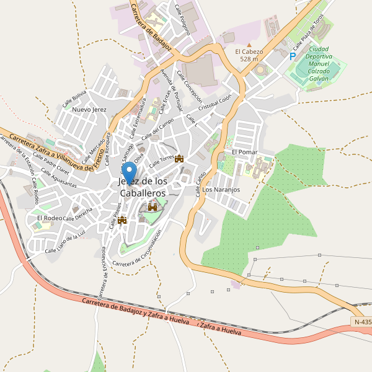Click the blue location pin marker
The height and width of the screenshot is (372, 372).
(130, 172)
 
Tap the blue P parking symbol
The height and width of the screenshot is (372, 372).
(292, 56)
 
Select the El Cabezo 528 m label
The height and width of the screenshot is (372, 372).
(249, 55)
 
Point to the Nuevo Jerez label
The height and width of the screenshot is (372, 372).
(90, 110)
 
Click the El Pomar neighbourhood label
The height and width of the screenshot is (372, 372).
(244, 152)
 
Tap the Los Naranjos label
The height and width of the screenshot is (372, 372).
(221, 189)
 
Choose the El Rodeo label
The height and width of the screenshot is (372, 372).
(50, 218)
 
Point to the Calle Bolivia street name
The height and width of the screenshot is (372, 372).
(74, 99)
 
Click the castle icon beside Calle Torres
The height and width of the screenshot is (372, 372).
(180, 159)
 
